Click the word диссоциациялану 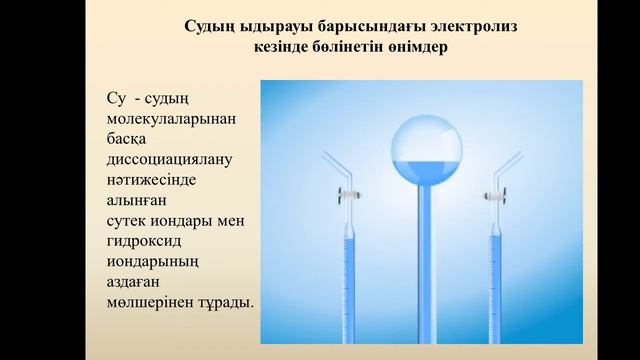tap(167, 160)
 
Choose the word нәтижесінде tap(150, 181)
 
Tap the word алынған tap(135, 201)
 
